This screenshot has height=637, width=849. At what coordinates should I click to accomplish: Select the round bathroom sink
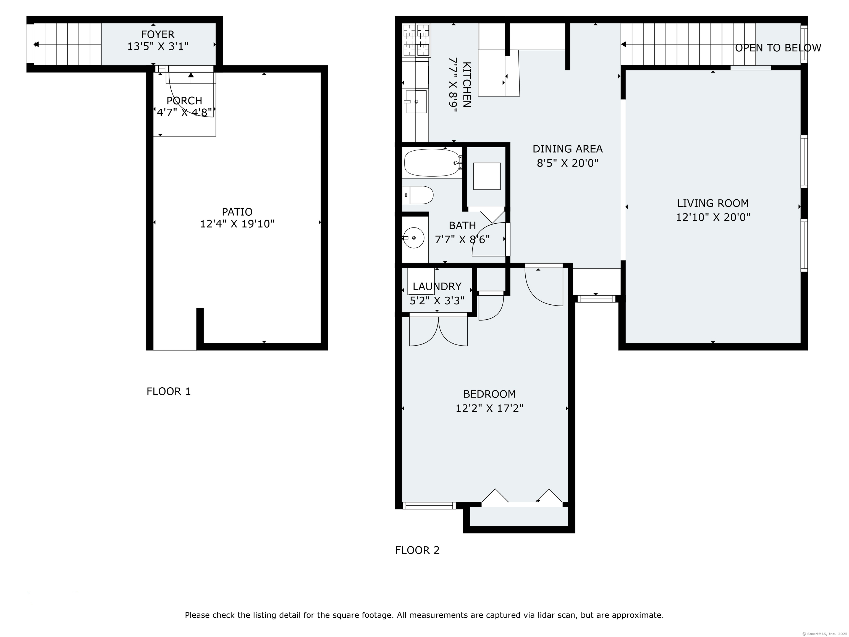tap(413, 238)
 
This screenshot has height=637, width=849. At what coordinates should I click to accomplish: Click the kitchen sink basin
tap(416, 102)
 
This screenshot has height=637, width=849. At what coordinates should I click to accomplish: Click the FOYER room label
tap(158, 35)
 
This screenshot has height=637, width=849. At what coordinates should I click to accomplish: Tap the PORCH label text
tap(184, 101)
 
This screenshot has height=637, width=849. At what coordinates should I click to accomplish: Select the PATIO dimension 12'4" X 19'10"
tap(237, 224)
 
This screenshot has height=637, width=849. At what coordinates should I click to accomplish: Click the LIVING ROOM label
tap(713, 203)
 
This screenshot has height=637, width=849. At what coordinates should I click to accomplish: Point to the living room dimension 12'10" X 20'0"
tap(713, 217)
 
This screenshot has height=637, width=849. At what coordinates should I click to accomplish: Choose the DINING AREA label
tap(568, 148)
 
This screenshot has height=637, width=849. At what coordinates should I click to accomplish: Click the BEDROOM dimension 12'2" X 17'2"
tap(489, 408)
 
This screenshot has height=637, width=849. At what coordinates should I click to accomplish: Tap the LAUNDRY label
tap(437, 286)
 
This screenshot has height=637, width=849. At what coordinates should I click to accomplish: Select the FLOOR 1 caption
tap(169, 391)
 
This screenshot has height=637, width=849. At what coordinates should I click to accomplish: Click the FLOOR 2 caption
tap(417, 550)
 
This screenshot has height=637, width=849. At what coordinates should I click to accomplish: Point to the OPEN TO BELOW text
tap(778, 48)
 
